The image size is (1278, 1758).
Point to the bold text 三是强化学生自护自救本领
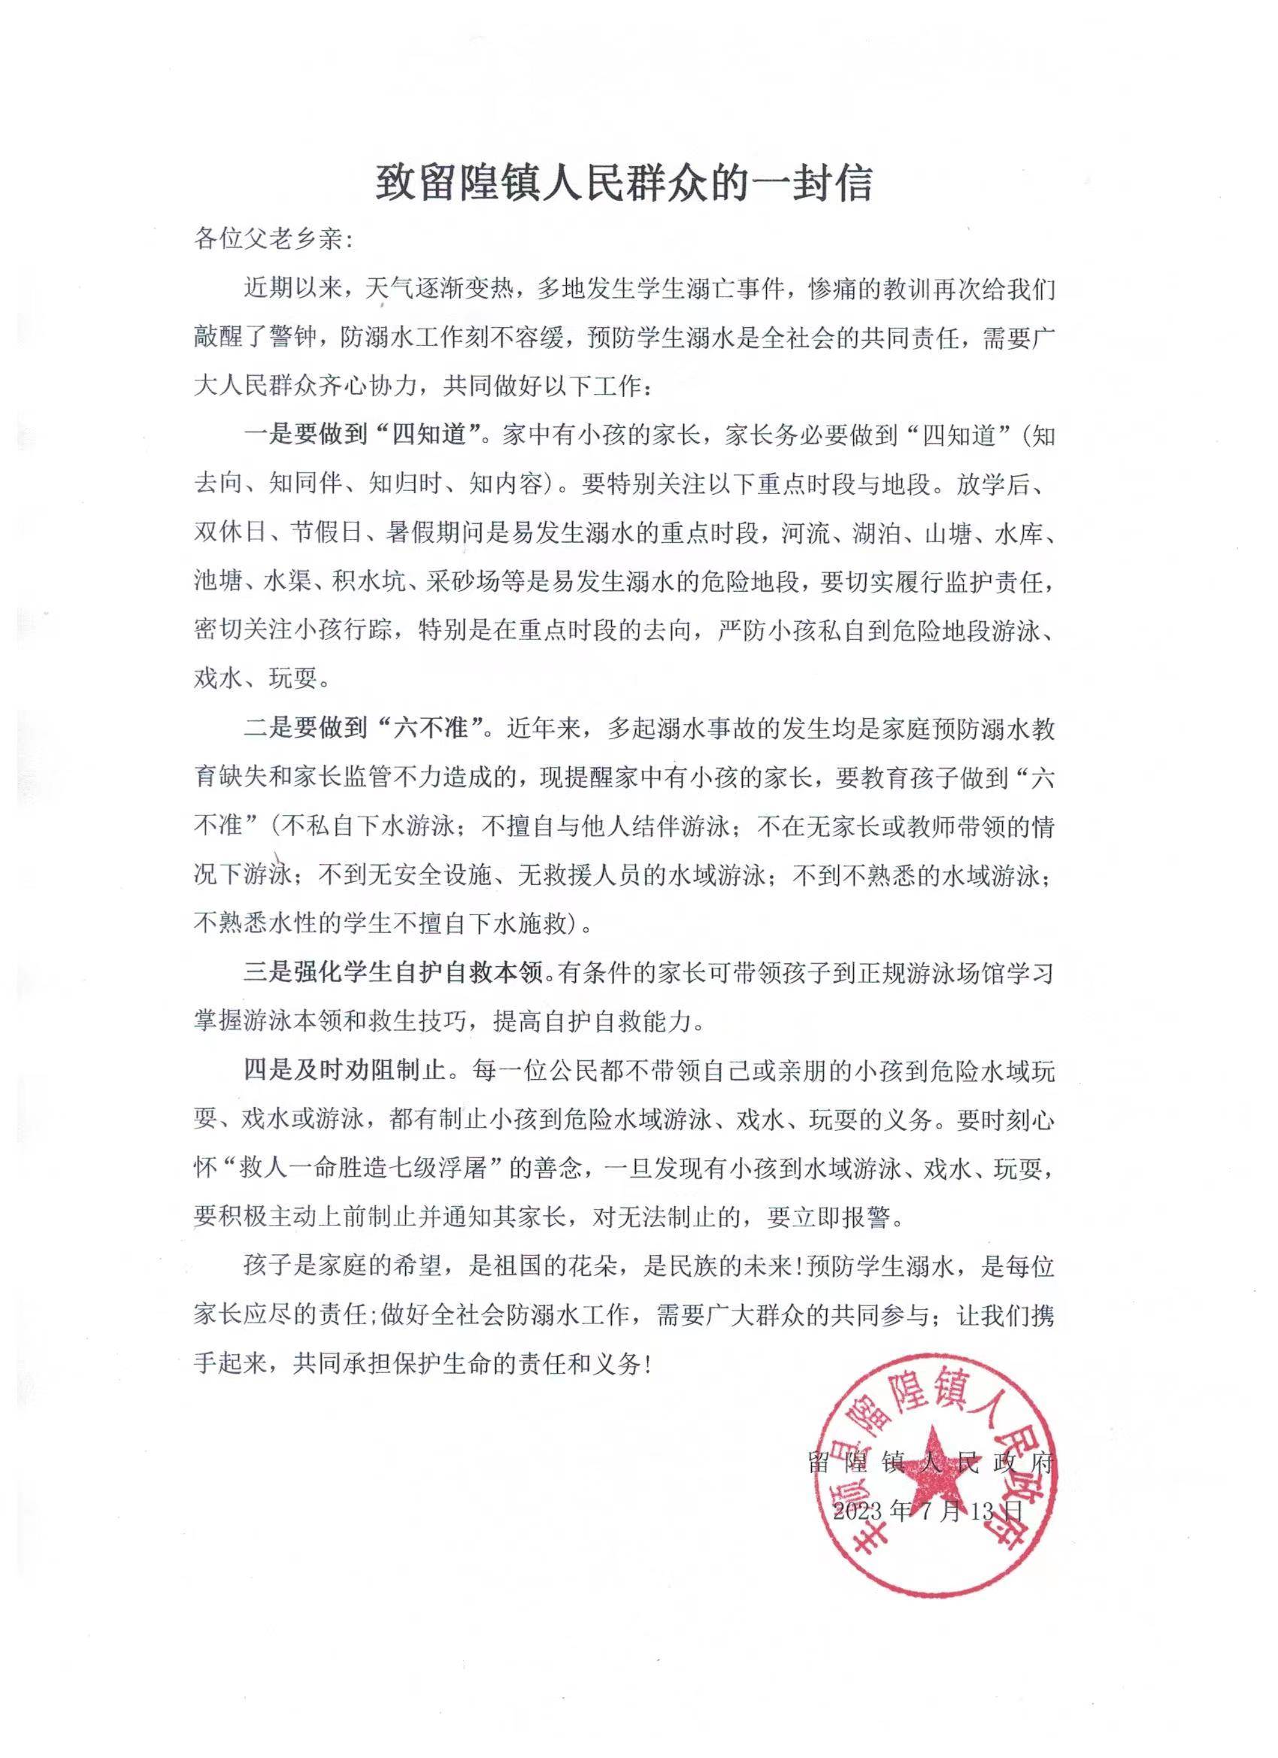394,974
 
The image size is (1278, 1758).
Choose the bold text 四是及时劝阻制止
345,1071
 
